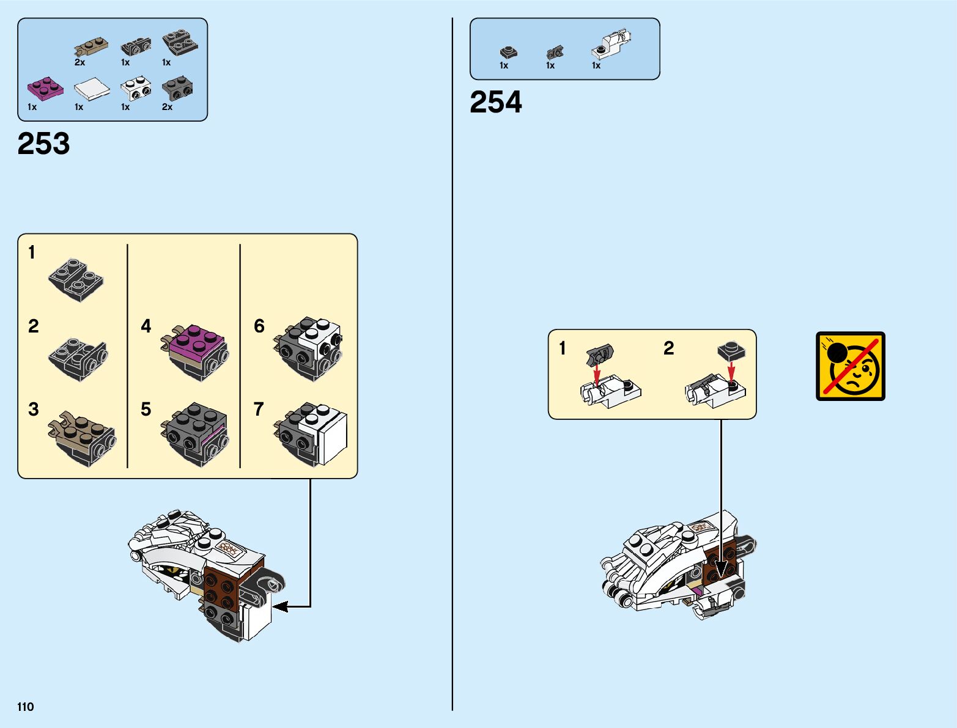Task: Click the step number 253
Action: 44,144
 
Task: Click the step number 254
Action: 496,102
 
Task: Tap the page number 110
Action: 26,707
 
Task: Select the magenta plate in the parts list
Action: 45,87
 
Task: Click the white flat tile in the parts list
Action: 92,89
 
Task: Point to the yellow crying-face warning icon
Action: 850,366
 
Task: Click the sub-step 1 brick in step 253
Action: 76,279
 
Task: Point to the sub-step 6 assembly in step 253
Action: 309,348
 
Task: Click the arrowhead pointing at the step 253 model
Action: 280,606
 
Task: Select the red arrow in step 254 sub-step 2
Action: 731,370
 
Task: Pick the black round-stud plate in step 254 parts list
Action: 508,53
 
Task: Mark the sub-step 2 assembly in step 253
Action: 77,358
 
